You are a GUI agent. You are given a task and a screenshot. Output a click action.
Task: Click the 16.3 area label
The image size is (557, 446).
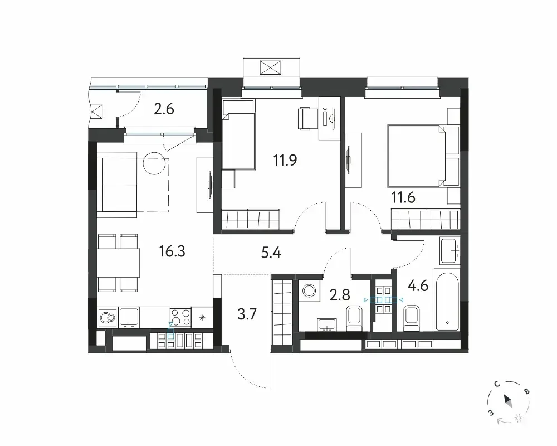coord(172,251)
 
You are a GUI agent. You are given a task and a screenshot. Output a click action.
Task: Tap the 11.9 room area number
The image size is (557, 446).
coord(285,160)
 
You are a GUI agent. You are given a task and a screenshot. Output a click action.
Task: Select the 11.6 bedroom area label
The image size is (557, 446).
coord(403,197)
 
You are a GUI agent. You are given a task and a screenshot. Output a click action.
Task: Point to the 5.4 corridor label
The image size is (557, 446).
coord(271,253)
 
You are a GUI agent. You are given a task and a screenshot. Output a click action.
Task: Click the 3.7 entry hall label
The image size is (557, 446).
coord(247,314)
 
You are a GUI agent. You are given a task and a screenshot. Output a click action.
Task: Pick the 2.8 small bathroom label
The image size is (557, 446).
coord(340,295)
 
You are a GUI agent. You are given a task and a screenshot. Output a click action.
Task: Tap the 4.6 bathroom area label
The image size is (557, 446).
coord(418,285)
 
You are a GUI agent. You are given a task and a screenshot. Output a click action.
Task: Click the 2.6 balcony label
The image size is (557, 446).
coord(164,109)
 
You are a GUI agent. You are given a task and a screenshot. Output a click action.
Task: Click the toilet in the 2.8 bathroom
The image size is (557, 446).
coord(354,318)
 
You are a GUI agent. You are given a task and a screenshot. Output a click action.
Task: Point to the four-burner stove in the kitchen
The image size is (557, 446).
coord(181,318)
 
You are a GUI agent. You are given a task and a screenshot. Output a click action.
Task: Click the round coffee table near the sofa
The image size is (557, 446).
coord(154,163)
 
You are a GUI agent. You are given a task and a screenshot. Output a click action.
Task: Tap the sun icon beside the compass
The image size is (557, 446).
coord(519,418)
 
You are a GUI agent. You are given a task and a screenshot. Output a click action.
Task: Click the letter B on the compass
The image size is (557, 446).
coord(527,391)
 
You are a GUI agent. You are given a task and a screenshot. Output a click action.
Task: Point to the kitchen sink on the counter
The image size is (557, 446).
coord(129,318)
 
